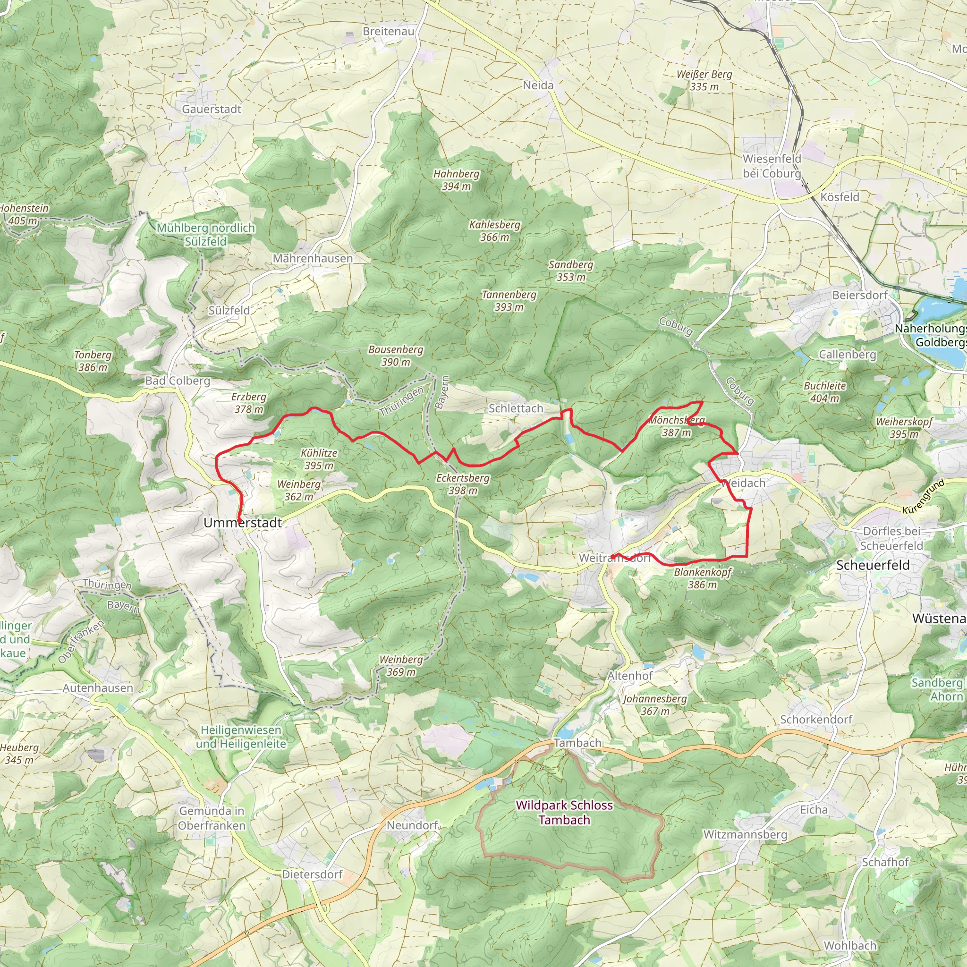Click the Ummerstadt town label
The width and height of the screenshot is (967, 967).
click(x=242, y=523)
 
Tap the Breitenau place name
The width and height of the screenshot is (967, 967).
click(x=389, y=31)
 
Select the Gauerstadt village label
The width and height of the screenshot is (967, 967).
click(x=211, y=109)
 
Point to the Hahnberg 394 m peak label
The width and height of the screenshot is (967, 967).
click(x=456, y=180)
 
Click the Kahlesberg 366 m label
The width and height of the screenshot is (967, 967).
click(x=494, y=231)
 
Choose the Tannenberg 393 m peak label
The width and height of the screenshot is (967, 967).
click(x=509, y=300)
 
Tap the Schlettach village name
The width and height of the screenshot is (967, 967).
click(x=516, y=408)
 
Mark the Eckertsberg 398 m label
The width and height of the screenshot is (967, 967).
click(x=462, y=483)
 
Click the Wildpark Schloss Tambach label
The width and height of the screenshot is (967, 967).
click(x=564, y=812)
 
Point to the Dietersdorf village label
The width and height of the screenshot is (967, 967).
click(x=312, y=874)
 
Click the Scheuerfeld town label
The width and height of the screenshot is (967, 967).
click(x=873, y=565)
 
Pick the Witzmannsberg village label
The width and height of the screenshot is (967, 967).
click(x=745, y=834)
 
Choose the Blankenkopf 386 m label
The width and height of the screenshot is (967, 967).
click(x=702, y=578)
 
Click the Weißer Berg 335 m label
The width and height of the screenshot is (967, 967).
click(x=704, y=80)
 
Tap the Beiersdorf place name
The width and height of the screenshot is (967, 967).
click(x=860, y=295)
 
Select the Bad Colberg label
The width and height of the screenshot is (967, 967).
click(x=178, y=381)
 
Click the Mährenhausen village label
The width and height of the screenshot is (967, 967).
click(x=312, y=258)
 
